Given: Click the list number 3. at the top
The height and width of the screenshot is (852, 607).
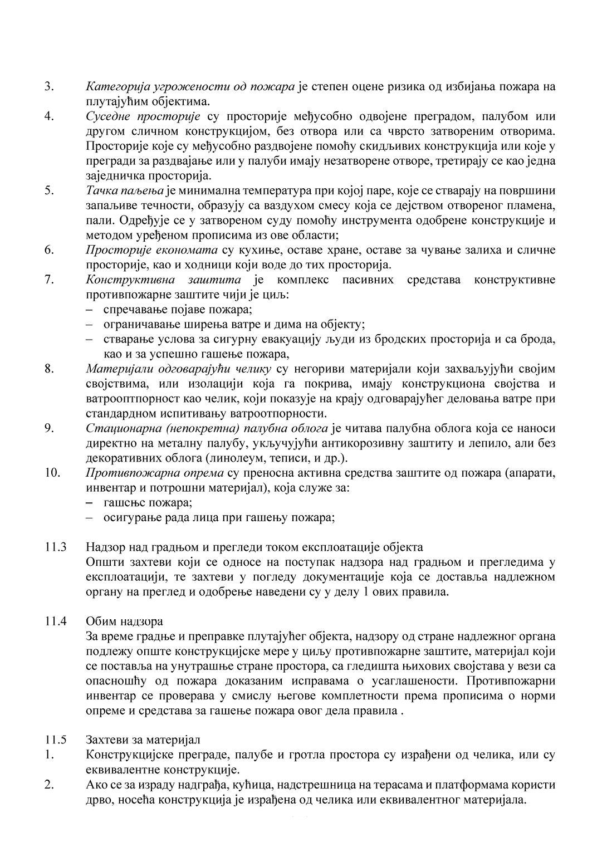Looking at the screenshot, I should (x=49, y=87).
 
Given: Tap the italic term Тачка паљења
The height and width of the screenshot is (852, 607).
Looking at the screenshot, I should (x=125, y=190).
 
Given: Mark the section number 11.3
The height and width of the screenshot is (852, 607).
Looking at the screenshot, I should (x=56, y=547).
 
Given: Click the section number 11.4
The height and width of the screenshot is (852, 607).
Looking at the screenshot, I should (x=56, y=621).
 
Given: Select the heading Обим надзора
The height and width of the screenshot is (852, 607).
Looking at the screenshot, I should (x=124, y=621).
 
